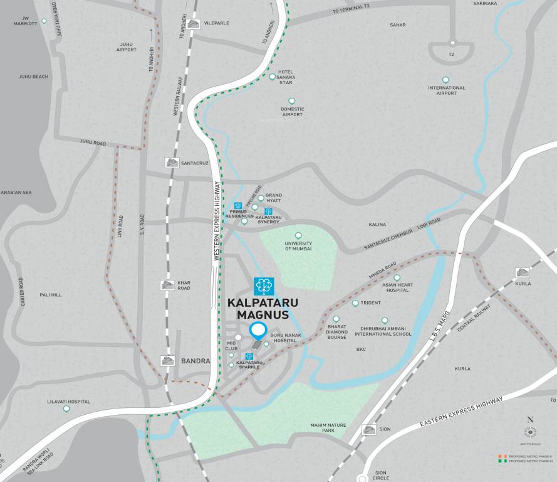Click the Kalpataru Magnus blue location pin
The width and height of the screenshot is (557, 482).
[258, 330]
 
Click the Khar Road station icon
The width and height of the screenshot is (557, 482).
[167, 285]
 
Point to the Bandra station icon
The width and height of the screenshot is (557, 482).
[167, 361]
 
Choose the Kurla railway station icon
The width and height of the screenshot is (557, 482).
[522, 272]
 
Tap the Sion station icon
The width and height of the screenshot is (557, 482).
[370, 429]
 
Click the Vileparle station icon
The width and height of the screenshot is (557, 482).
[193, 23]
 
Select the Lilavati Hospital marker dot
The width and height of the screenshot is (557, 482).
[66, 409]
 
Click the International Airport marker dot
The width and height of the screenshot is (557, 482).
[445, 80]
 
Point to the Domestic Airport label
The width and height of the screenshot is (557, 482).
[292, 112]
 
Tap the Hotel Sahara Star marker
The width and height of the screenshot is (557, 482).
[272, 77]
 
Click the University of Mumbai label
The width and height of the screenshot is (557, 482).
[298, 246]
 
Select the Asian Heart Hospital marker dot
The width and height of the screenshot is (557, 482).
[397, 277]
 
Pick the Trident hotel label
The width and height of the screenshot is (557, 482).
[370, 303]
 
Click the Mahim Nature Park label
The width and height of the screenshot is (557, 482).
[328, 428]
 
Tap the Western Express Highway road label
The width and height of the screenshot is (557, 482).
[217, 220]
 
